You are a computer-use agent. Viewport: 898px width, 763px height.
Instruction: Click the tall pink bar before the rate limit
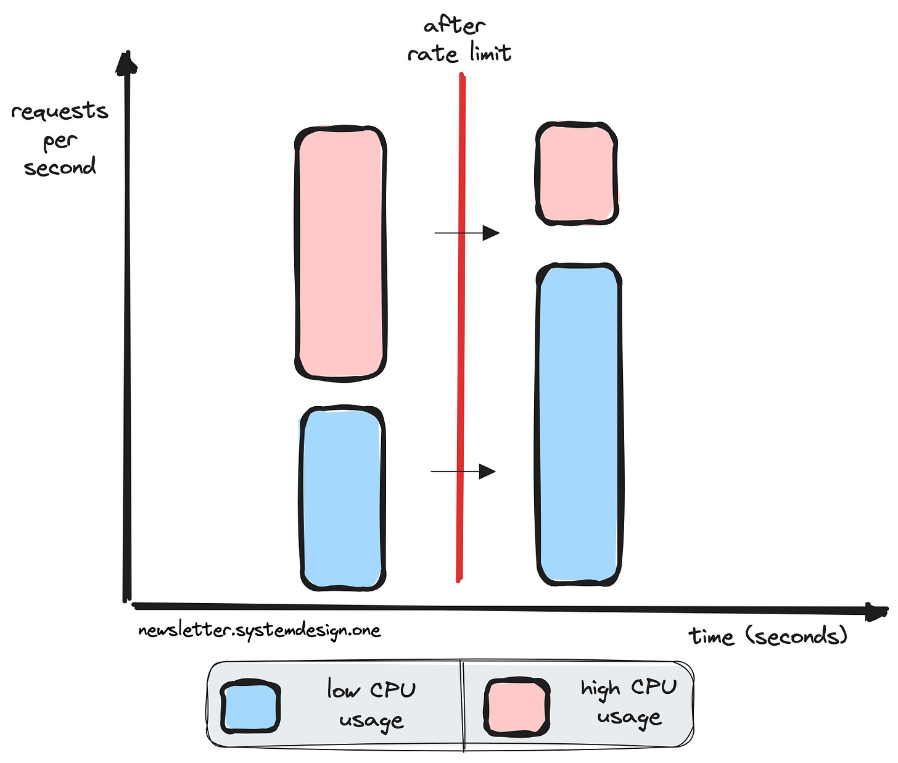(340, 253)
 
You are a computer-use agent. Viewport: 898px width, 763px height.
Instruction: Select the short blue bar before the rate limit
(342, 499)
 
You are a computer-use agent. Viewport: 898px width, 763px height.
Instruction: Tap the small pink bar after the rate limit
(577, 173)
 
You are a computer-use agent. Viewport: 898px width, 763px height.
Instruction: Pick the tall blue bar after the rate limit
(579, 425)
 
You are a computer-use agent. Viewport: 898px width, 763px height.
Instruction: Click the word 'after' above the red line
(455, 26)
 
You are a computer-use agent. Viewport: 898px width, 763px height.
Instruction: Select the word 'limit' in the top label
(489, 54)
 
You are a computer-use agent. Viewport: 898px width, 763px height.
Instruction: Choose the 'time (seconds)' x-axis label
(768, 636)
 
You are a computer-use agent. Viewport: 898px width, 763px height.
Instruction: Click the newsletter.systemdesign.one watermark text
(260, 631)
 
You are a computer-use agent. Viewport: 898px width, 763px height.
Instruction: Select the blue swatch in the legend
(250, 707)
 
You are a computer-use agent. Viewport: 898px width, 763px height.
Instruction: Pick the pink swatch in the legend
(516, 707)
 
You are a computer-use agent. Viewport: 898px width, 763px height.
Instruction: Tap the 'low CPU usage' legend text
(371, 704)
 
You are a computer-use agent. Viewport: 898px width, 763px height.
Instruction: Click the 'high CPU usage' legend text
(628, 703)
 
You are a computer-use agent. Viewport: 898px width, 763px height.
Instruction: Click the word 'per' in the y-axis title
(60, 141)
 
